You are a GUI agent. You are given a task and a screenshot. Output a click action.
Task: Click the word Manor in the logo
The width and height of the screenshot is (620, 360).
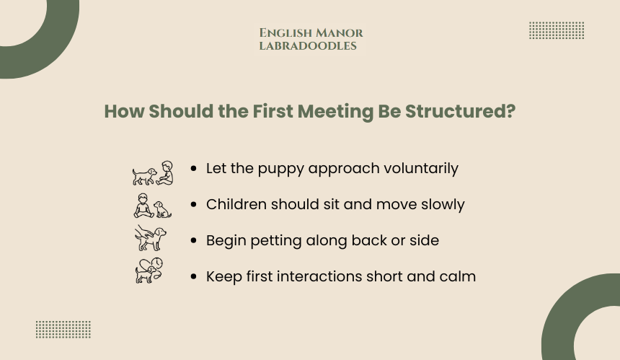(340, 33)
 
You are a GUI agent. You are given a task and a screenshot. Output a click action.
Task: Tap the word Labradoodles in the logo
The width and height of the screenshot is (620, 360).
(308, 46)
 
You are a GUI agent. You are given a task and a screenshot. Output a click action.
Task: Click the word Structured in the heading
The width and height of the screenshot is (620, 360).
(460, 111)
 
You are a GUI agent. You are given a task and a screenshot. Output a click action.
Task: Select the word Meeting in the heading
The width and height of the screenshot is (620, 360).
(335, 112)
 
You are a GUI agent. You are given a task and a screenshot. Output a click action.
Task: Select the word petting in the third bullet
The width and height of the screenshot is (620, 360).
(276, 241)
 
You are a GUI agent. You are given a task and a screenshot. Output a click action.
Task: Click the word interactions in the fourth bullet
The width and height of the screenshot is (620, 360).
(304, 276)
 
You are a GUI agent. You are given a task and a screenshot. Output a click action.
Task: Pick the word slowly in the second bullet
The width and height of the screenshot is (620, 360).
(443, 204)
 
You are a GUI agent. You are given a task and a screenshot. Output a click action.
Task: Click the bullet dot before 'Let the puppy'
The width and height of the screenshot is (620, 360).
(193, 169)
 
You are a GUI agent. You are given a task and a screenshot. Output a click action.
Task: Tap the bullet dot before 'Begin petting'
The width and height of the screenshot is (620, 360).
(193, 240)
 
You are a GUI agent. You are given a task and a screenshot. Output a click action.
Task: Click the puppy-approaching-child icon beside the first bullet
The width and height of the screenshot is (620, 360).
(153, 173)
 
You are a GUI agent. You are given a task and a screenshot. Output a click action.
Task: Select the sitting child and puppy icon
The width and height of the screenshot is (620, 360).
(153, 206)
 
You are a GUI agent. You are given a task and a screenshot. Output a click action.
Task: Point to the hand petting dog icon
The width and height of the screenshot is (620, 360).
(150, 238)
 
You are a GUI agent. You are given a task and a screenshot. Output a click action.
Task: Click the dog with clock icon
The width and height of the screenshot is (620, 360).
(149, 271)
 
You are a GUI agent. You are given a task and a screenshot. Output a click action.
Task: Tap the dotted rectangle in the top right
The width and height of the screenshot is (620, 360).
(557, 30)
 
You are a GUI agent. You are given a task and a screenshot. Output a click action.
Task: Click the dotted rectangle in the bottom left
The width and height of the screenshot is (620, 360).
(63, 330)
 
